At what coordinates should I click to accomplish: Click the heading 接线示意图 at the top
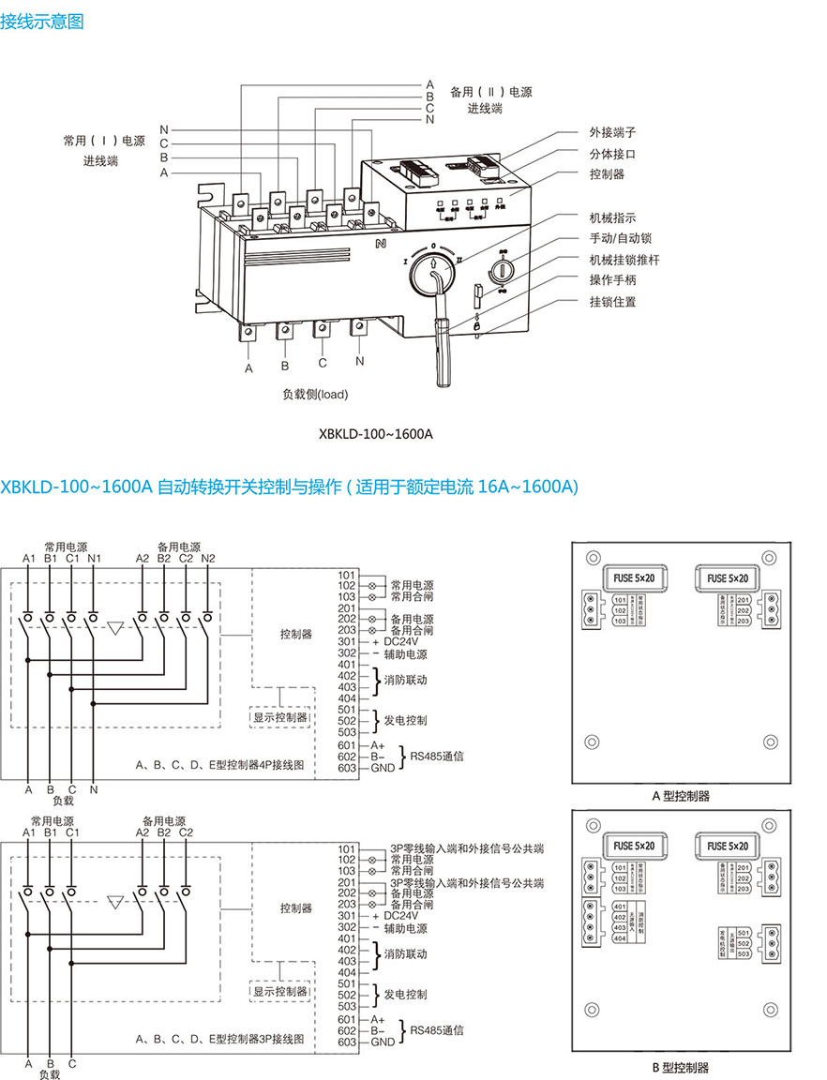pos(42,22)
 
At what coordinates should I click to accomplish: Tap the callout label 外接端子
pos(612,132)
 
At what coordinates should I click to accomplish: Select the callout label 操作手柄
pos(612,280)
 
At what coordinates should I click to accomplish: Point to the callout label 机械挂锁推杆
pos(624,259)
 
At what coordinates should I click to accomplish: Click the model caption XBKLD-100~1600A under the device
pos(376,435)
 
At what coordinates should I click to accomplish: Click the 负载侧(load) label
pos(315,394)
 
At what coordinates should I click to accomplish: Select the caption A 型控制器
pos(681,796)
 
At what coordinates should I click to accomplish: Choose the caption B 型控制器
pos(681,1067)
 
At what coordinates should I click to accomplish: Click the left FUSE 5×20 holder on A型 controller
pos(635,577)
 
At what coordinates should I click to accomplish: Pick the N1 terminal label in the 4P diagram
pos(93,559)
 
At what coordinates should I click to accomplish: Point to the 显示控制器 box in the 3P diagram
pos(279,991)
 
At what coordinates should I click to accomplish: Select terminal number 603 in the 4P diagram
pos(347,768)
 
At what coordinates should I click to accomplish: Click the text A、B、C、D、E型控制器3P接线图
pos(220,1040)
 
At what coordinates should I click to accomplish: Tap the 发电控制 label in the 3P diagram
pos(406,994)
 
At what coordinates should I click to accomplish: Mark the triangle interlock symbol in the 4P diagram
pos(115,628)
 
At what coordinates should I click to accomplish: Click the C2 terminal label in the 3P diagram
pos(186,832)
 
